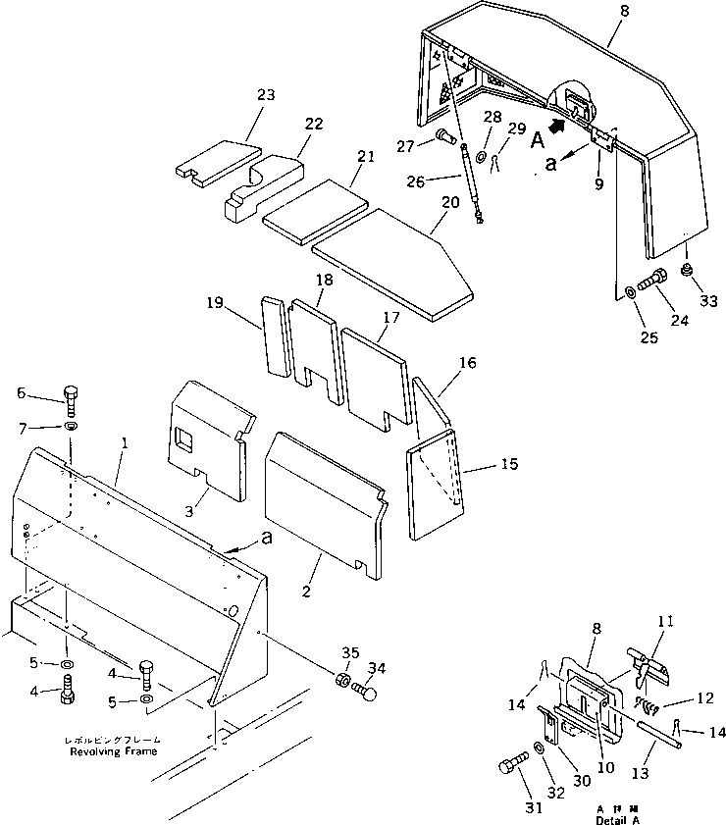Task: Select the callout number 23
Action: click(x=238, y=95)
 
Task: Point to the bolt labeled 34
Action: click(x=364, y=693)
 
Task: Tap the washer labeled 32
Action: click(x=542, y=750)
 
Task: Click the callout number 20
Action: click(x=450, y=201)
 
